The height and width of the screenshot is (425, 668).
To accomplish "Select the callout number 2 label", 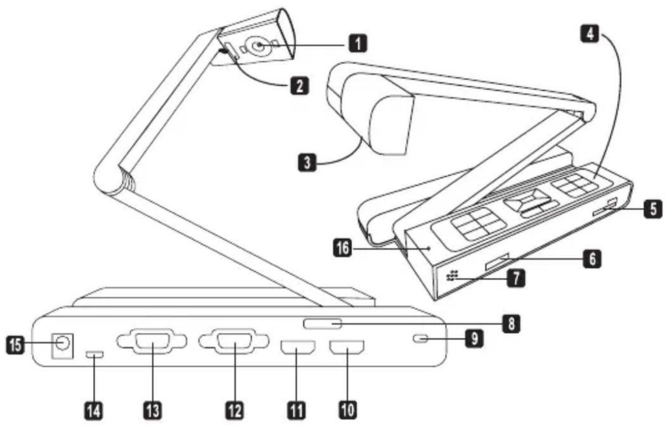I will point(299,86).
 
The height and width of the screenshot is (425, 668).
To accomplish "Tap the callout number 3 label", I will point(308,162).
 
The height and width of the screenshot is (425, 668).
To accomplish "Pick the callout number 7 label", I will point(516,278).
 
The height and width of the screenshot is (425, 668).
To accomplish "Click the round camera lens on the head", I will point(258,46).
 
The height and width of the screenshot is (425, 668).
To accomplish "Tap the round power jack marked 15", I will point(62,343).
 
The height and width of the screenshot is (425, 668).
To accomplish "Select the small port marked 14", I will point(94,355).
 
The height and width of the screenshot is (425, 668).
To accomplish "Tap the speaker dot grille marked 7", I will point(452,276).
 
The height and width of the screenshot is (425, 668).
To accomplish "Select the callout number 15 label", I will point(16,344).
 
